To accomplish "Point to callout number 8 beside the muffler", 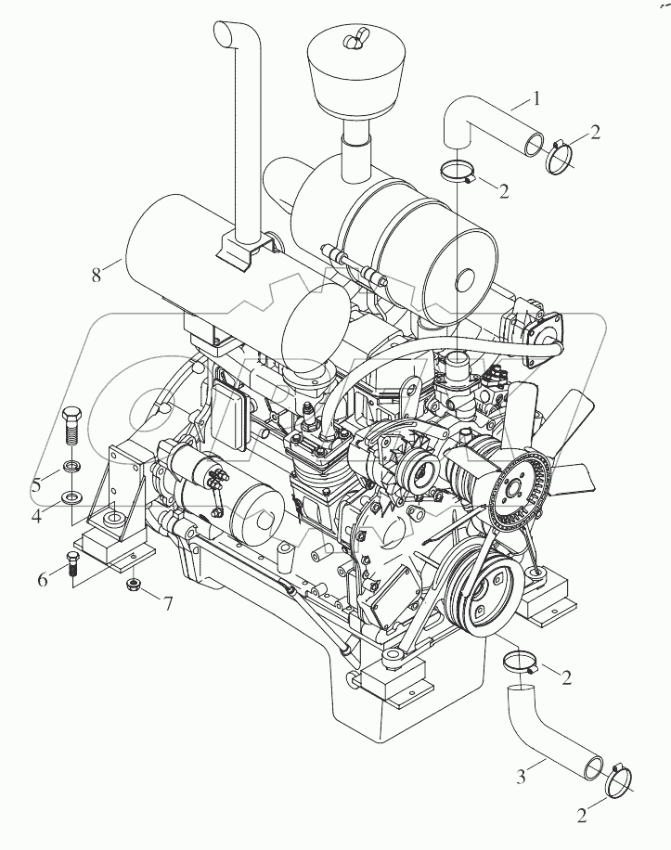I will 95,275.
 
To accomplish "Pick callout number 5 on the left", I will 37,483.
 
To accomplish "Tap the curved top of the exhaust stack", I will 226,34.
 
